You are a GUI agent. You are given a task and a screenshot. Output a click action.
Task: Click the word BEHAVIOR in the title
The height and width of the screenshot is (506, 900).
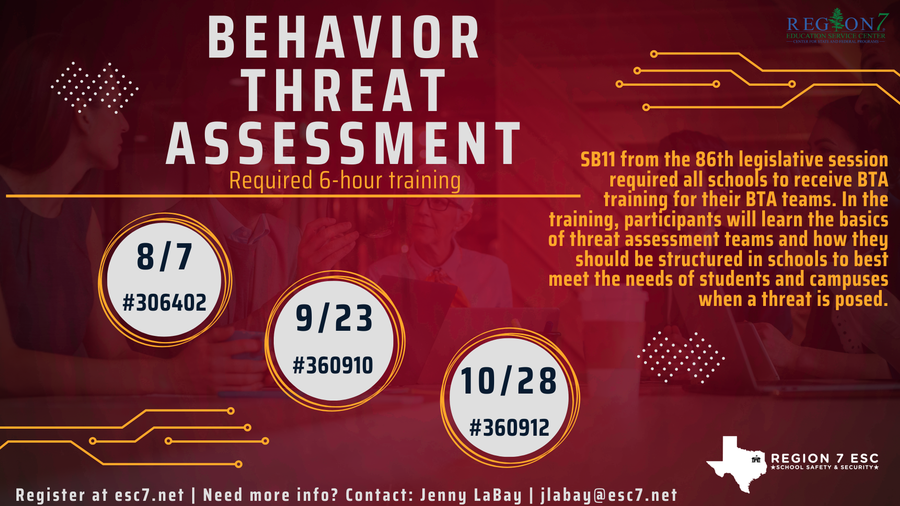[344, 37]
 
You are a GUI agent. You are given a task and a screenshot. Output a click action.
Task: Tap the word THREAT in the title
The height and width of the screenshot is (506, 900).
[345, 90]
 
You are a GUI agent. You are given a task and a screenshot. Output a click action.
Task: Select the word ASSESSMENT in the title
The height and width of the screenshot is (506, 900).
[344, 143]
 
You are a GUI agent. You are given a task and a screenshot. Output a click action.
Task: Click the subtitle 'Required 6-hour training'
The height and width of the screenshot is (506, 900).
[345, 181]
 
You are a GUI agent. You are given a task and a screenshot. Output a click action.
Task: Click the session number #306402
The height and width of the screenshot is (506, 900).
[165, 303]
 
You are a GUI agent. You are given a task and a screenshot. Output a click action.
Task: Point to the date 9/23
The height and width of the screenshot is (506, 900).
[334, 318]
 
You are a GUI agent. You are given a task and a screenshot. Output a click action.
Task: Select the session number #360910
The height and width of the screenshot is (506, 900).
[333, 365]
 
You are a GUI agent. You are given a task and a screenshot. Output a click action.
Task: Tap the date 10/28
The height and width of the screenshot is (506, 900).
[509, 380]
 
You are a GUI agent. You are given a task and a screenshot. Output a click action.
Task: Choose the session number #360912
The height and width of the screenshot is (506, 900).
[510, 428]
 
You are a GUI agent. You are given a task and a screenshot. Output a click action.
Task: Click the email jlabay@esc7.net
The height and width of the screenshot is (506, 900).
[609, 495]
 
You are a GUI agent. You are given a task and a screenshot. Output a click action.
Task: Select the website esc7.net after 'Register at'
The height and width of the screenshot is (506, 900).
[150, 495]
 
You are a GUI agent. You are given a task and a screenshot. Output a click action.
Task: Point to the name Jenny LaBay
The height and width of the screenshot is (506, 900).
[471, 495]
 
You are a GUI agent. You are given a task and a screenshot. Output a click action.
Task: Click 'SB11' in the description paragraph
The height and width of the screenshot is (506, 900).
[598, 160]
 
